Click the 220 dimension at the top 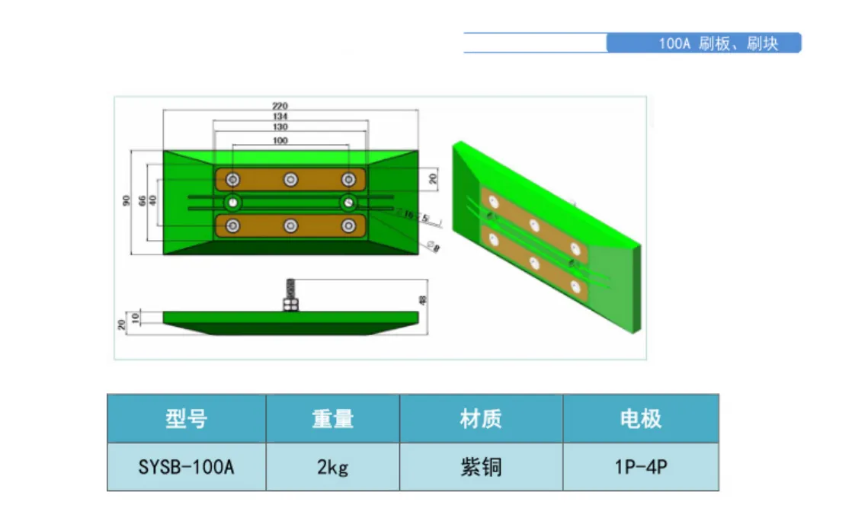click(280, 105)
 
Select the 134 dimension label click(280, 116)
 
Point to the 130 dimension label click(280, 126)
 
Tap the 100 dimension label click(280, 141)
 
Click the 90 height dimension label click(126, 201)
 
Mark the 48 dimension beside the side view click(424, 299)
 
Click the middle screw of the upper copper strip click(290, 179)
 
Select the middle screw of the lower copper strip click(290, 225)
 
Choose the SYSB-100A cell click(186, 467)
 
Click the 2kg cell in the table click(332, 467)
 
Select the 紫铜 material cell click(481, 467)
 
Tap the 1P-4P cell click(640, 467)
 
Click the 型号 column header click(186, 418)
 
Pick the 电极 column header click(640, 418)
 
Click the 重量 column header click(332, 418)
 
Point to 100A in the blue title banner click(674, 43)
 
